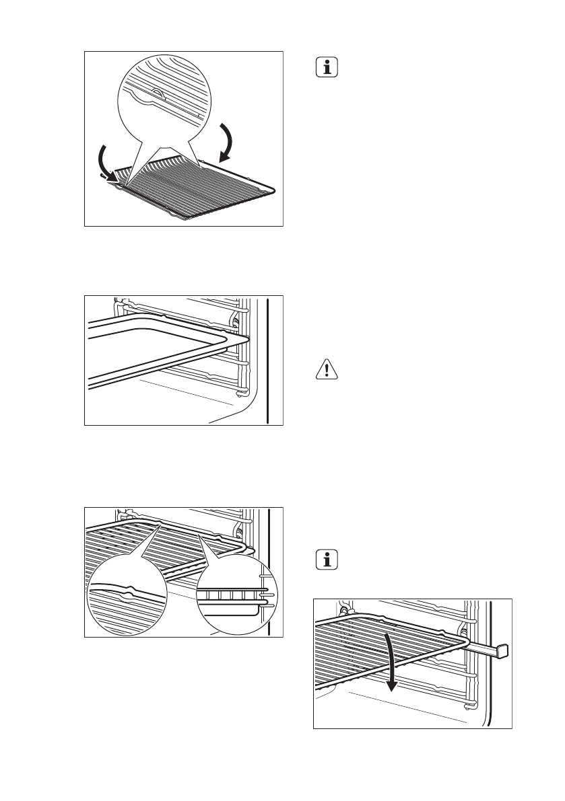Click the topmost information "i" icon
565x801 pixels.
(x=327, y=68)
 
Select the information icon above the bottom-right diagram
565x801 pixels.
(x=327, y=560)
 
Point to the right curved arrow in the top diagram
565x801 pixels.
(x=228, y=143)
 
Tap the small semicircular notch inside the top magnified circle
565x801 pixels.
(x=156, y=94)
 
